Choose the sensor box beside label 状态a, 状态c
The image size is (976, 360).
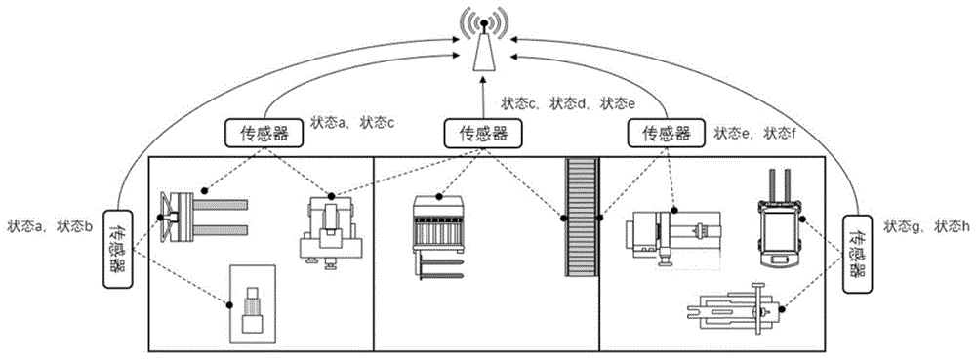click(x=264, y=134)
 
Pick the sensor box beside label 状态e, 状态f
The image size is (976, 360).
click(x=667, y=134)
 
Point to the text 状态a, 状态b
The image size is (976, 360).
click(x=50, y=227)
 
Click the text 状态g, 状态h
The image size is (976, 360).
click(x=926, y=226)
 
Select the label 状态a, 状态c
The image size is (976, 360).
click(x=352, y=123)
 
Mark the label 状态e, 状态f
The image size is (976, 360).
click(x=755, y=133)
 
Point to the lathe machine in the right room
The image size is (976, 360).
click(x=674, y=235)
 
